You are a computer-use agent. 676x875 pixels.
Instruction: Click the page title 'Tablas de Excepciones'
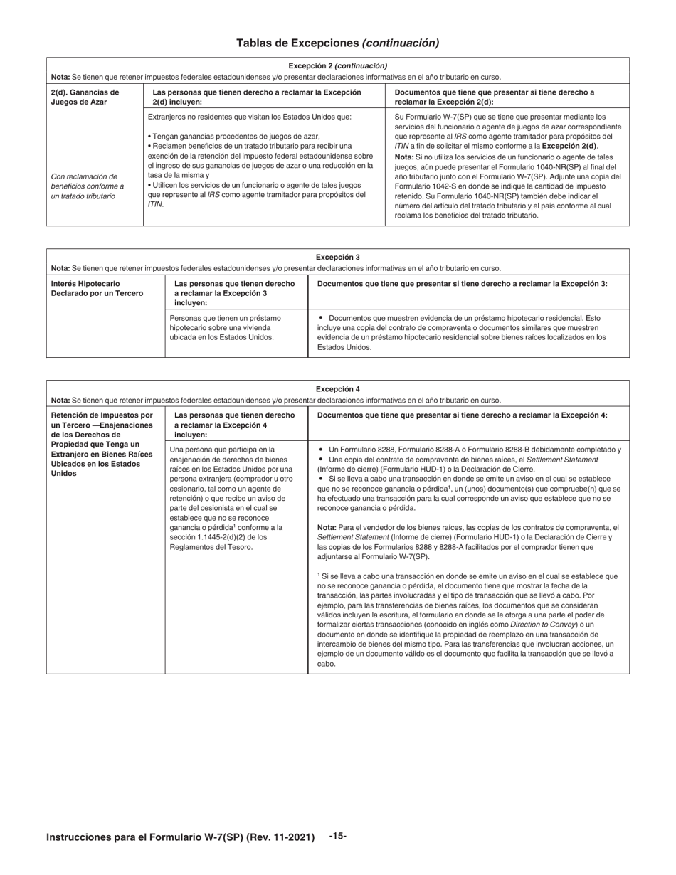[298, 43]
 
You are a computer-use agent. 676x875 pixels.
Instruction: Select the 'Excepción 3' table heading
[337, 258]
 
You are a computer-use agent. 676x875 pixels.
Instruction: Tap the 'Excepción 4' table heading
[337, 389]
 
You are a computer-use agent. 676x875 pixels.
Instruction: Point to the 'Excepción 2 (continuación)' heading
[337, 65]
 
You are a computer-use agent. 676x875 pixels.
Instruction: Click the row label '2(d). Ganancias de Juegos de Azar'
[85, 97]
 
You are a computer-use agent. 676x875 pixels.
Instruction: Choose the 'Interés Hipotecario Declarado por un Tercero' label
[97, 288]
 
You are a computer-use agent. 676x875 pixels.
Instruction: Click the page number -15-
[337, 836]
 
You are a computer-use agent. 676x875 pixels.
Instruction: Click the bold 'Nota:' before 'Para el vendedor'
[327, 527]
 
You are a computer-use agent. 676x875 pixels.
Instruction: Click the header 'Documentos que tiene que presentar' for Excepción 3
[462, 284]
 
